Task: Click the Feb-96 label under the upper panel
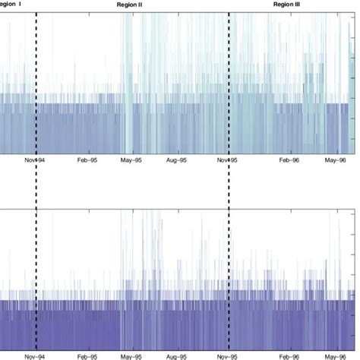[287, 160]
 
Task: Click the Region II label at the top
[131, 5]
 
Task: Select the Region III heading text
[286, 5]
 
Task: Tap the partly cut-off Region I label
[11, 5]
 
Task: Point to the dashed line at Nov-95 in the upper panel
[229, 76]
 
